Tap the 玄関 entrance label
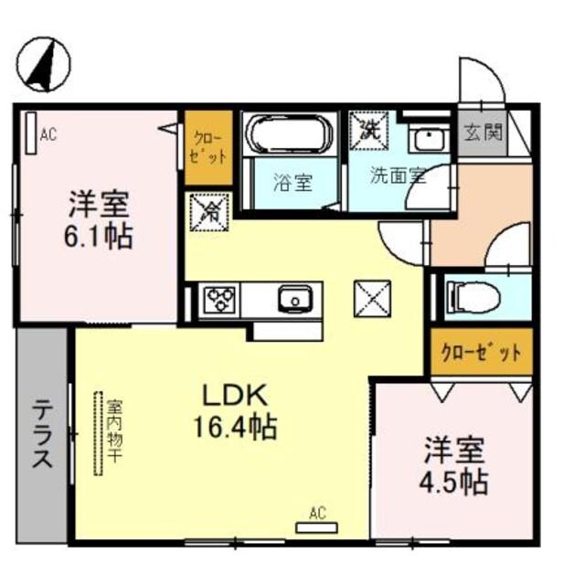[480, 133]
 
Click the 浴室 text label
[292, 181]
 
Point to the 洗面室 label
[398, 175]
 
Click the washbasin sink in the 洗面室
[426, 140]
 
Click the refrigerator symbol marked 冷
[207, 213]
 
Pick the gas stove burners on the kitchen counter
[219, 299]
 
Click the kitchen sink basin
[294, 298]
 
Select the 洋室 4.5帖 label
[454, 466]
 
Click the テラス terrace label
[42, 433]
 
